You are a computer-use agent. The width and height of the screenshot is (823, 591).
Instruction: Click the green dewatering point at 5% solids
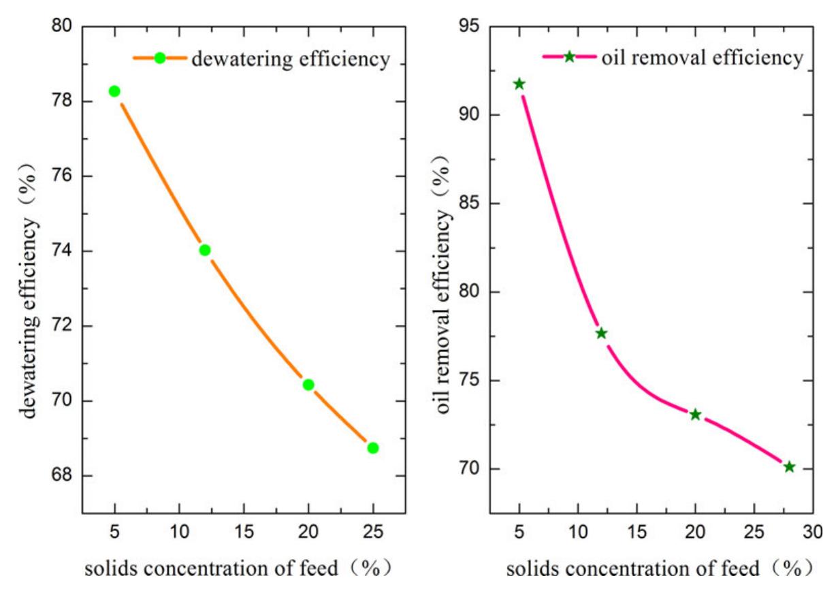(x=114, y=91)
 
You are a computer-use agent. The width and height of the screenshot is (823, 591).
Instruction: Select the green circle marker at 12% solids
(x=205, y=250)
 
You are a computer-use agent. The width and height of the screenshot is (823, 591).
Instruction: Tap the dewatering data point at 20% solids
(x=308, y=385)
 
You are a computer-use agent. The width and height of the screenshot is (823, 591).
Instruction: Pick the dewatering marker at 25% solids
(x=372, y=447)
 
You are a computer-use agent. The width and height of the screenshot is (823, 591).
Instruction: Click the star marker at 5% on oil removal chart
(x=519, y=84)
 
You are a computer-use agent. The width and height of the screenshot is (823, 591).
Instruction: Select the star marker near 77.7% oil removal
(x=601, y=333)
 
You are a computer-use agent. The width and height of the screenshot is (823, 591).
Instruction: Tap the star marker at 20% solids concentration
(x=695, y=415)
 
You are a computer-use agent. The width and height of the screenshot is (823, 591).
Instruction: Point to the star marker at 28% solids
(x=789, y=466)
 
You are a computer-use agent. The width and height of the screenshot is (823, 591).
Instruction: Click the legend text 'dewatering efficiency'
(x=291, y=59)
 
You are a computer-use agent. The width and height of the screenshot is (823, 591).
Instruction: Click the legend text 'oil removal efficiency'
(x=702, y=58)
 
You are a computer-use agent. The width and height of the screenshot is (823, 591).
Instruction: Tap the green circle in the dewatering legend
(x=160, y=59)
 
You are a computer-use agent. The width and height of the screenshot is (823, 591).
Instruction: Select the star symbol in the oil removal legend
(x=569, y=57)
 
